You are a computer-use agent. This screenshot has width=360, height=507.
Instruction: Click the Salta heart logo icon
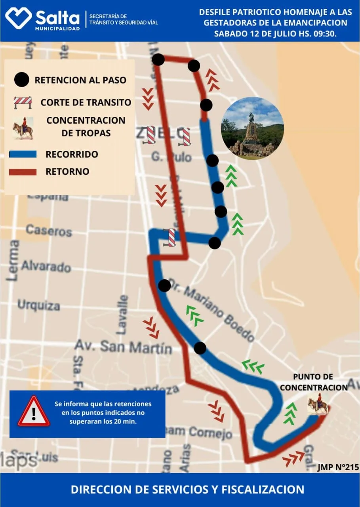click(x=18, y=19)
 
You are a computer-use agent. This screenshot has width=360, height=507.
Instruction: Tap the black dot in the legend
click(x=21, y=80)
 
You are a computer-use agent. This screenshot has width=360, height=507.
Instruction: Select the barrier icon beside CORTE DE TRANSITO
click(x=23, y=102)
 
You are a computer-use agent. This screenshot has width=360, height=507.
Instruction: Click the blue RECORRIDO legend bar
click(x=23, y=154)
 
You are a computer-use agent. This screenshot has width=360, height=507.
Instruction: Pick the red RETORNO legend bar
click(x=23, y=172)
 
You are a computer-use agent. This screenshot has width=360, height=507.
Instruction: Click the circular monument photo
click(x=252, y=128)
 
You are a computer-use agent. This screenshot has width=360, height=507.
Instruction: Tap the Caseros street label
click(x=49, y=230)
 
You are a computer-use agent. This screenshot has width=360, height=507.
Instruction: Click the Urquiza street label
click(x=38, y=305)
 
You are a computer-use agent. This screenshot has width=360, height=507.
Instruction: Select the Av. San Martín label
click(x=123, y=347)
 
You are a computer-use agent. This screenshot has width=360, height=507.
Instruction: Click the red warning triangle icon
click(x=34, y=412)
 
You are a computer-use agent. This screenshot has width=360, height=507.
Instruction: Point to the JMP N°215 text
click(x=338, y=467)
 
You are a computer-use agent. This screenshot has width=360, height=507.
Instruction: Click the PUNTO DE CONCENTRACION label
click(x=313, y=382)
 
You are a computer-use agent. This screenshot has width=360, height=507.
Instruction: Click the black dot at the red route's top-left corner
click(x=158, y=60)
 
